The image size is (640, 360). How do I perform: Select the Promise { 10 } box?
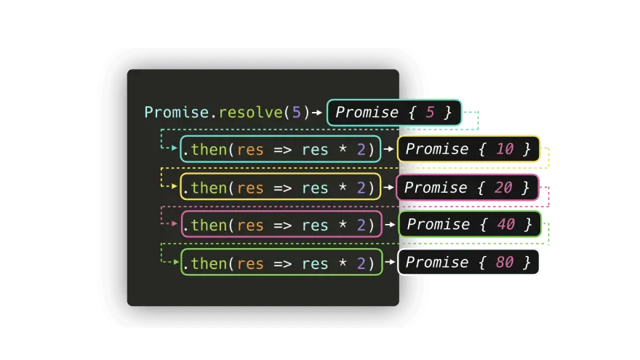(468, 149)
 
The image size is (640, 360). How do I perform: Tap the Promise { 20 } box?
(468, 188)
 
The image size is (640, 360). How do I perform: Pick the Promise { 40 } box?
(470, 224)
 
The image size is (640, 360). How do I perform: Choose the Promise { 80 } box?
(469, 262)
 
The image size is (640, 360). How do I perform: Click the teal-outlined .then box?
(281, 149)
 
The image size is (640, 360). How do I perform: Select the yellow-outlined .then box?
(281, 188)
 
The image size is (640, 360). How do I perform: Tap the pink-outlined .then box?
(281, 225)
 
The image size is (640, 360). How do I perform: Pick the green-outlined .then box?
(281, 263)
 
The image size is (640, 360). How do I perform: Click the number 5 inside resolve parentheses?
(295, 113)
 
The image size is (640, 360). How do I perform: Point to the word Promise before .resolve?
(177, 113)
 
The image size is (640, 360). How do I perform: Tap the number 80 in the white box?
(505, 262)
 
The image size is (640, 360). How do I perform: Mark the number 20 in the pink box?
(503, 188)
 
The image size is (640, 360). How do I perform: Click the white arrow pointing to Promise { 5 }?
(317, 113)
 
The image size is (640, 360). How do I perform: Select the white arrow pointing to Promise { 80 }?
(389, 263)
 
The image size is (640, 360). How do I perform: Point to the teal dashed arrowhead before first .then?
(174, 149)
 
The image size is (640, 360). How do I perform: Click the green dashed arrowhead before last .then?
(174, 263)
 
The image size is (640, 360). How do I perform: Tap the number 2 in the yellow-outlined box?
(361, 188)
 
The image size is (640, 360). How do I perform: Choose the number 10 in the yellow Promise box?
(505, 149)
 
